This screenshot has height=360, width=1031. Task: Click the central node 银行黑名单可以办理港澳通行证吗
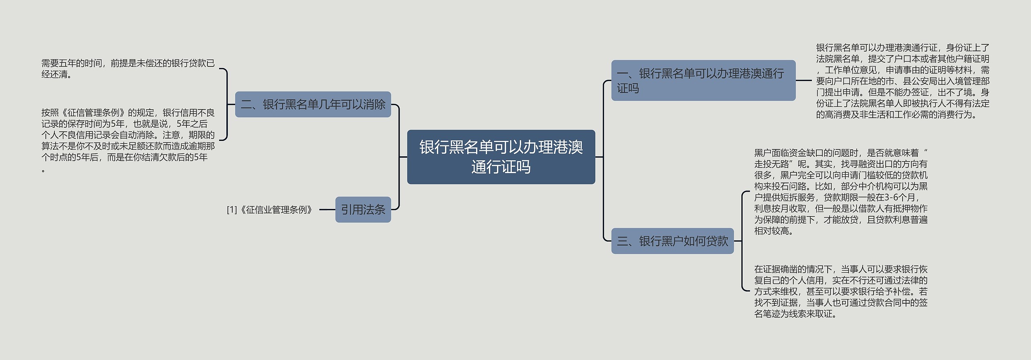pyautogui.click(x=501, y=157)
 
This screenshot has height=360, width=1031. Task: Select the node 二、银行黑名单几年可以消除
pyautogui.click(x=313, y=104)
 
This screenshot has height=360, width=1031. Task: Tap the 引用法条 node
pyautogui.click(x=363, y=209)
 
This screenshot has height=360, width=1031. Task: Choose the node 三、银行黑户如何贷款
pyautogui.click(x=672, y=241)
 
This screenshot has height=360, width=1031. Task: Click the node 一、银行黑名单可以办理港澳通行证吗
pyautogui.click(x=703, y=81)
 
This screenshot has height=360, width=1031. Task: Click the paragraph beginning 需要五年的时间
pyautogui.click(x=128, y=69)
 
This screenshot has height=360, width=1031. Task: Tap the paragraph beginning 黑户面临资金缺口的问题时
pyautogui.click(x=841, y=192)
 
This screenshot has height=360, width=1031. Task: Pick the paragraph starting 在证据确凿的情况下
pyautogui.click(x=841, y=291)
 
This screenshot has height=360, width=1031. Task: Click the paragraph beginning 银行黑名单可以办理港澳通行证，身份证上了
pyautogui.click(x=903, y=81)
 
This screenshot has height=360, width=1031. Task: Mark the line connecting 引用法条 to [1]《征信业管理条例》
pyautogui.click(x=327, y=210)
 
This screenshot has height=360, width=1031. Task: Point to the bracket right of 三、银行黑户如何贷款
pyautogui.click(x=742, y=241)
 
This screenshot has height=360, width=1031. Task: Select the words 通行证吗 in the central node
pyautogui.click(x=501, y=167)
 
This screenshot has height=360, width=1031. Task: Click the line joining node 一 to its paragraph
pyautogui.click(x=803, y=81)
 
